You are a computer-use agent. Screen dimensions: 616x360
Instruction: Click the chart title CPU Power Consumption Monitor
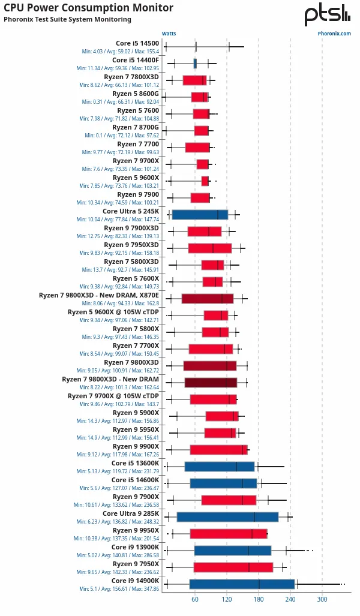pyautogui.click(x=89, y=8)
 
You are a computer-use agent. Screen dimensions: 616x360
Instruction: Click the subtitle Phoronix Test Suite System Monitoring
pyautogui.click(x=67, y=19)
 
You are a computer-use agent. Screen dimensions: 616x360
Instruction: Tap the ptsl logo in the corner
pyautogui.click(x=327, y=15)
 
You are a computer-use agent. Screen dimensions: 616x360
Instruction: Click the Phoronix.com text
pyautogui.click(x=334, y=34)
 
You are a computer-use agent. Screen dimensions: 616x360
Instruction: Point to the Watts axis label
pyautogui.click(x=169, y=34)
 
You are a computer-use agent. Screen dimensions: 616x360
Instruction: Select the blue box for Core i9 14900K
pyautogui.click(x=242, y=584)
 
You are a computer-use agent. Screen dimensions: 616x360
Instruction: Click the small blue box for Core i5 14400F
pyautogui.click(x=195, y=63)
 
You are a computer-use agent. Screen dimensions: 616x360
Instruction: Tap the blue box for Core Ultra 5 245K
pyautogui.click(x=200, y=215)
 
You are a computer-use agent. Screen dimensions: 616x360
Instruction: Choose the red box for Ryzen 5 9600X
pyautogui.click(x=205, y=181)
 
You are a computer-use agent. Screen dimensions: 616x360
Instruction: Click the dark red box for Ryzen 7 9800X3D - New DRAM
pyautogui.click(x=211, y=383)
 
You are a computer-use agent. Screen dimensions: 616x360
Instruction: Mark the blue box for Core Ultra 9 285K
pyautogui.click(x=227, y=517)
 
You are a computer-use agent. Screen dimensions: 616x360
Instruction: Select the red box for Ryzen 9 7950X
pyautogui.click(x=233, y=567)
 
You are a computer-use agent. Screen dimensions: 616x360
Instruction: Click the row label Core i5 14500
pyautogui.click(x=137, y=43)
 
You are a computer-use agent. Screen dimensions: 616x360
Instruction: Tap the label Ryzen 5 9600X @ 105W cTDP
pyautogui.click(x=113, y=312)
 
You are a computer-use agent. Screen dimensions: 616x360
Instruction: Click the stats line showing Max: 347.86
pyautogui.click(x=119, y=589)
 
